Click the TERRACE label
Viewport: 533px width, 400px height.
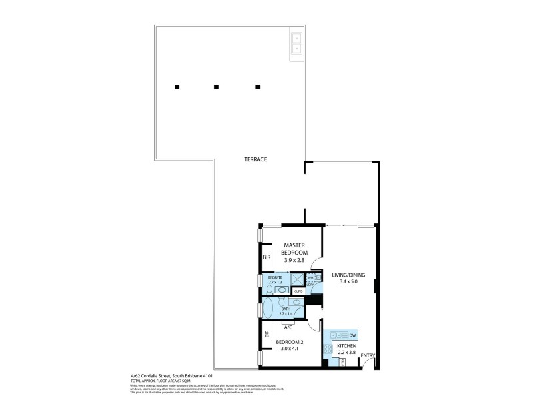255,159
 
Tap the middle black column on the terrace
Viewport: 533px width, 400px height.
216,86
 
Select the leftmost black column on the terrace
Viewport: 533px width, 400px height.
177,86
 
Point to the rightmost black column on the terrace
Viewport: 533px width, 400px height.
258,86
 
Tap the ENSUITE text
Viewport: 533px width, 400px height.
275,277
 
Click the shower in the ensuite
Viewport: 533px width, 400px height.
298,280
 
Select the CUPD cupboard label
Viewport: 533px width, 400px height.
298,291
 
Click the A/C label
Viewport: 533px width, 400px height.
288,327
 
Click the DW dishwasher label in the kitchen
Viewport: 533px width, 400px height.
352,335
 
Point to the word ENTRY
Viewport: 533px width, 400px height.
368,355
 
